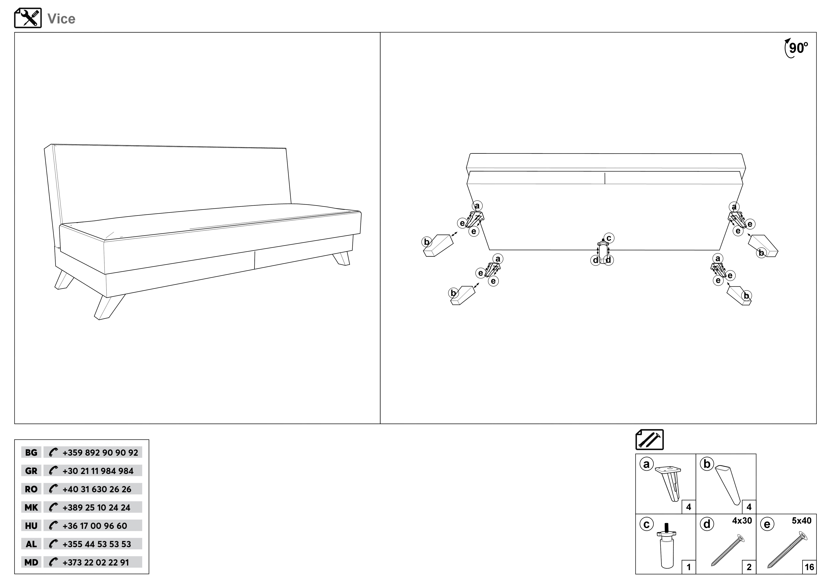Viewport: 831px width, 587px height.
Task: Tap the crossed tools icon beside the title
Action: point(28,18)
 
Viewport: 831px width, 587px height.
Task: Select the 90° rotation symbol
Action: point(796,48)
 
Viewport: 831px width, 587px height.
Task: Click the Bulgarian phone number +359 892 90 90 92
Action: point(100,452)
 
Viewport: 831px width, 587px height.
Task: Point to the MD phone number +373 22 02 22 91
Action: point(96,562)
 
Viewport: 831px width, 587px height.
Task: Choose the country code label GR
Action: point(31,471)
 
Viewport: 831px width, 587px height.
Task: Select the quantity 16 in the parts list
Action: point(809,567)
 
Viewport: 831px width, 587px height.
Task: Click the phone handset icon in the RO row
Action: point(53,489)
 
